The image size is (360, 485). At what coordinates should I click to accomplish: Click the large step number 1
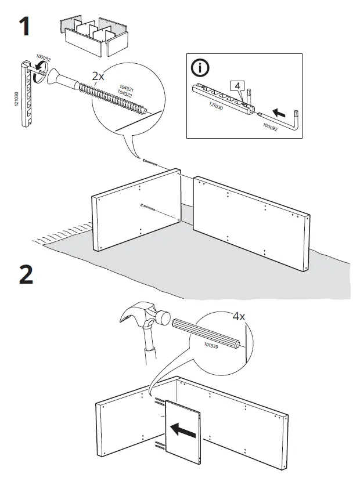pyautogui.click(x=24, y=27)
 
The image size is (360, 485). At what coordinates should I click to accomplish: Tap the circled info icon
pyautogui.click(x=200, y=68)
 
